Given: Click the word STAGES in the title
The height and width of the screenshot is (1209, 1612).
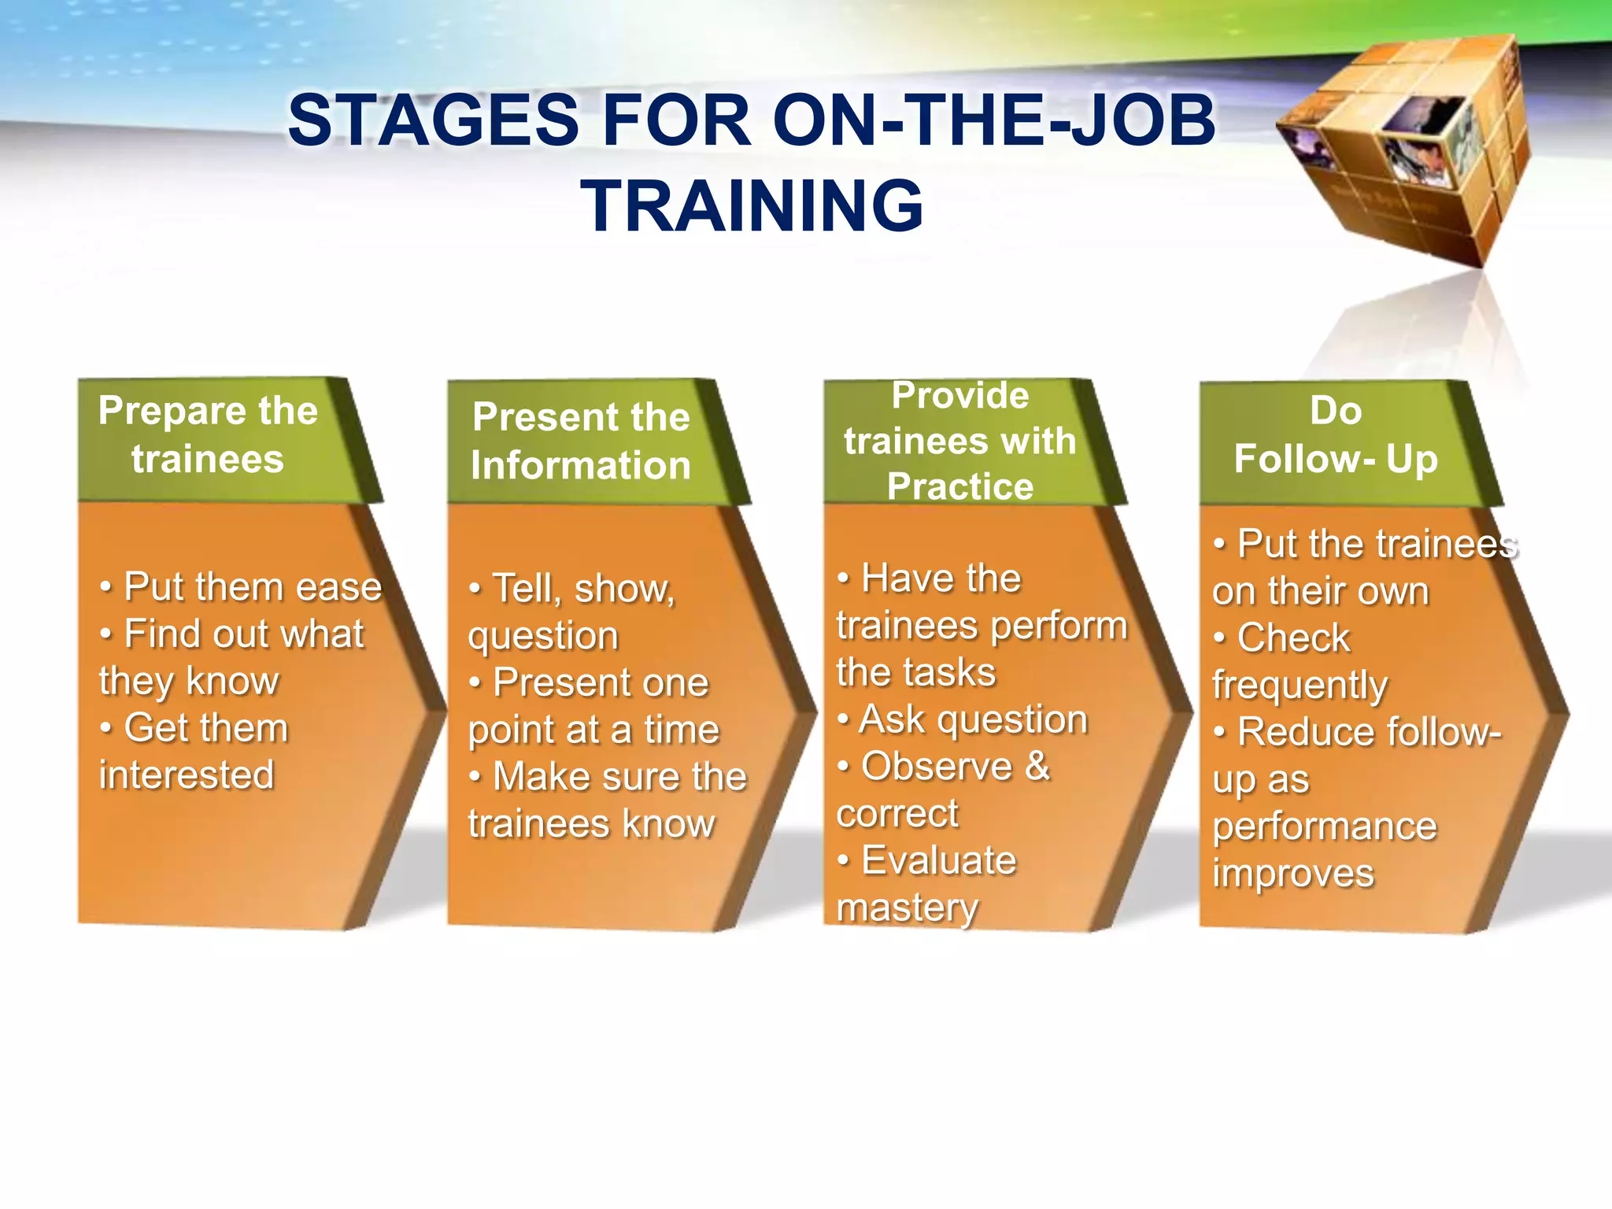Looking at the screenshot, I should point(434,120).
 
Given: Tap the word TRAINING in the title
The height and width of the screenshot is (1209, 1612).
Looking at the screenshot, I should point(752,205).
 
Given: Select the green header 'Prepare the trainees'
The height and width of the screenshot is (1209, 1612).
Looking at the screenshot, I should point(208,435).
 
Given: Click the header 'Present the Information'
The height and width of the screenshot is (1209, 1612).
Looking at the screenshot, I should point(581,441).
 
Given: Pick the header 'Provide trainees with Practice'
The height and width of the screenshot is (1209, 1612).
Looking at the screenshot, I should point(959,441).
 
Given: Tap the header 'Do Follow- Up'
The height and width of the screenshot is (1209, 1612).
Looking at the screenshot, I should point(1336,435).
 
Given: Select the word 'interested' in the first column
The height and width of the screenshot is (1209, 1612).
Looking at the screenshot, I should point(187,775).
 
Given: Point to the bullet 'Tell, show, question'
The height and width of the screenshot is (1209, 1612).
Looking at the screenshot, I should point(571,612).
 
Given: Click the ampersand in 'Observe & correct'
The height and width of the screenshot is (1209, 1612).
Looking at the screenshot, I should point(1037,766).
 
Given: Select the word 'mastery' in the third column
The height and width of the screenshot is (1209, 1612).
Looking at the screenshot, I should point(908,908).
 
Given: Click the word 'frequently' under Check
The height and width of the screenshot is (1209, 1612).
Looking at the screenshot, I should point(1300,685).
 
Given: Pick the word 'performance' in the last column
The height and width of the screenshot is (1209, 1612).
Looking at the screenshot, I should point(1325,826).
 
